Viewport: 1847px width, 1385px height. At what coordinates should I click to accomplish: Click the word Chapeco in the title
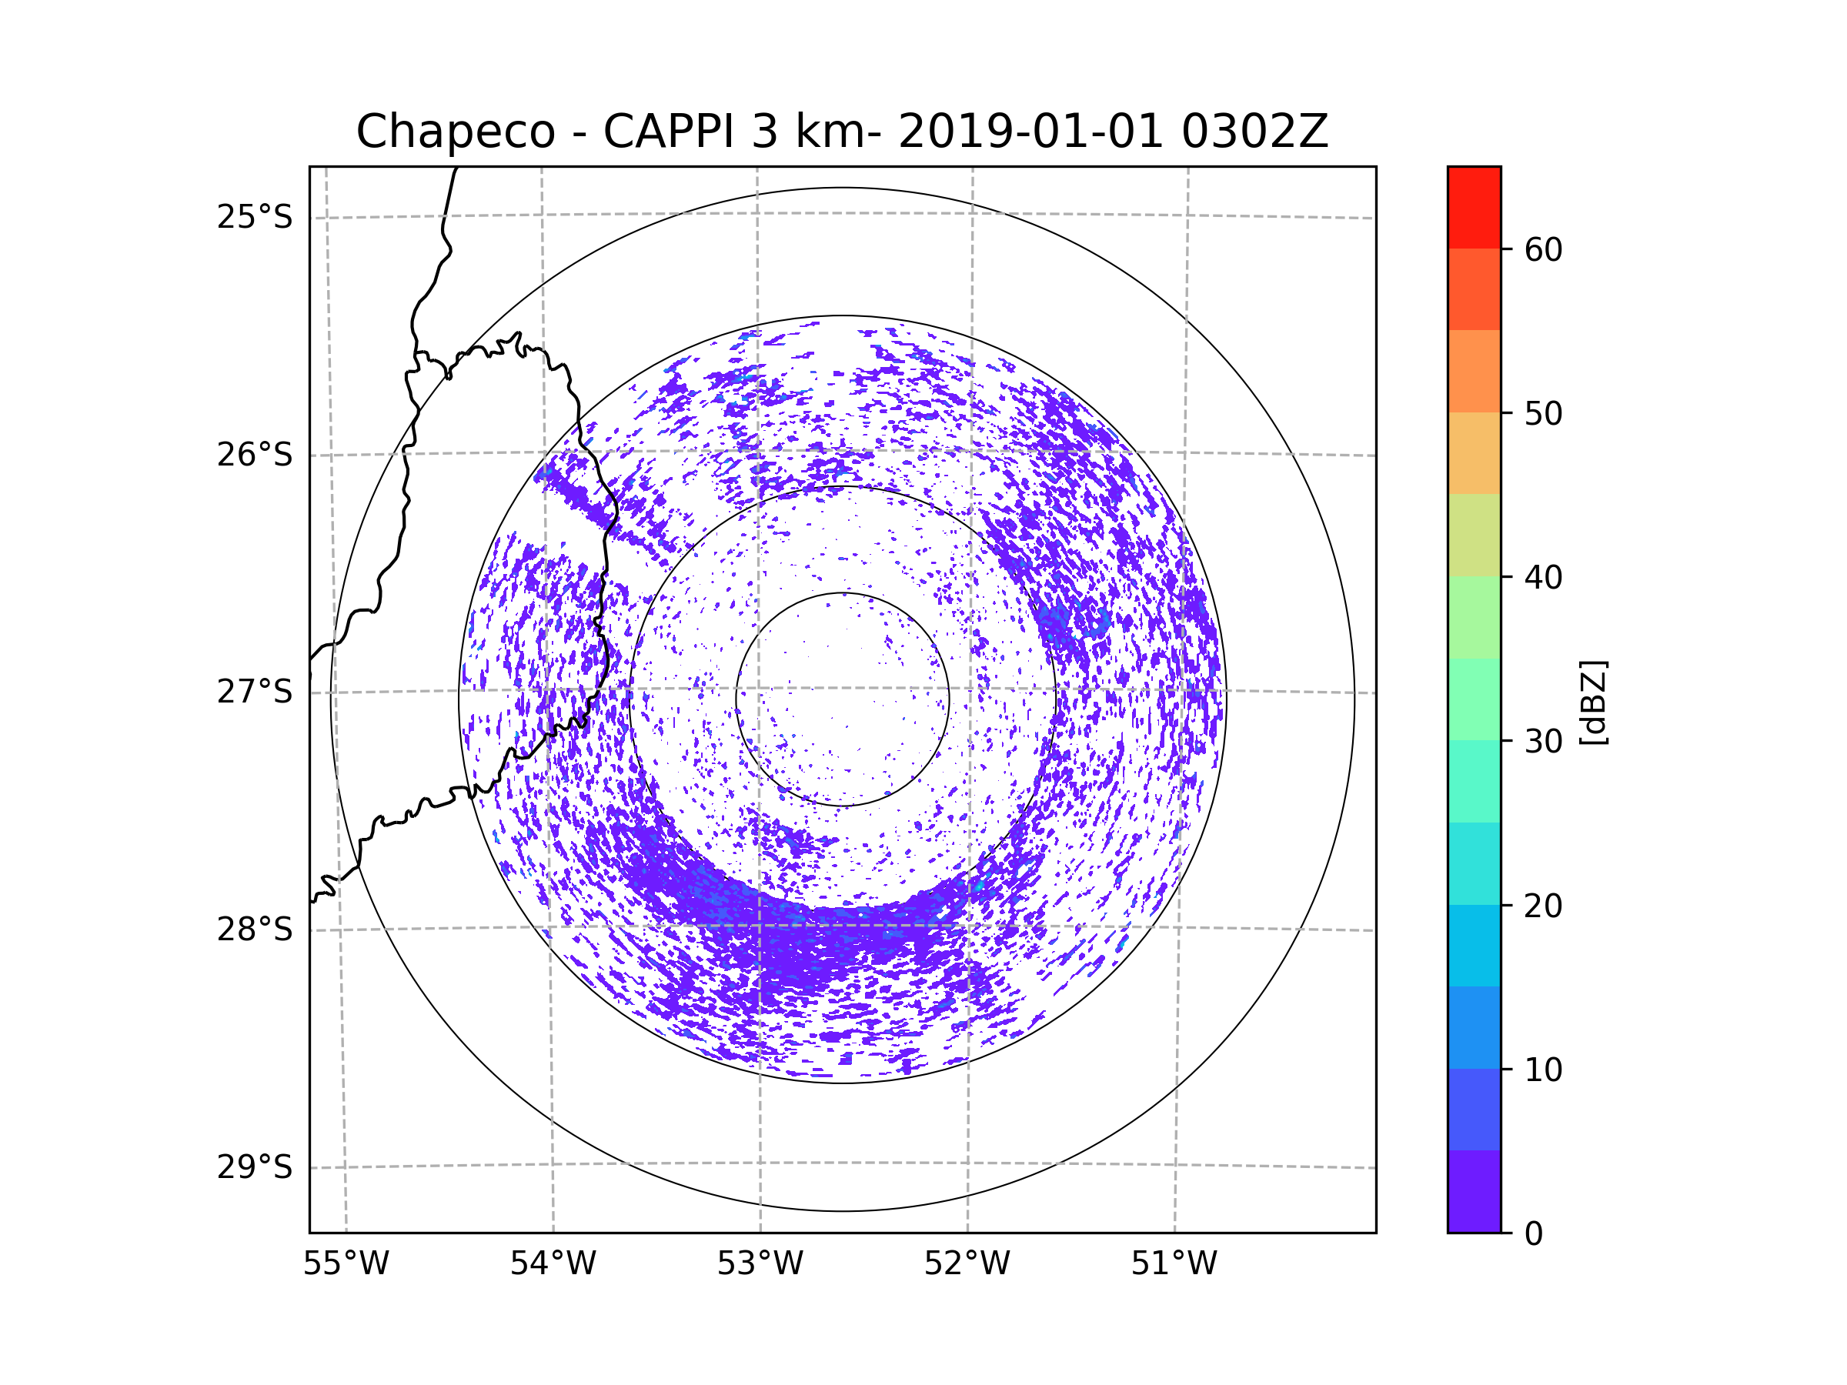point(455,132)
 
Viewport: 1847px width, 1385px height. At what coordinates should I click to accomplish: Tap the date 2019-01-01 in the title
point(1030,132)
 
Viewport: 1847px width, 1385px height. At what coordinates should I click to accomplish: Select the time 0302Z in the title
point(1254,132)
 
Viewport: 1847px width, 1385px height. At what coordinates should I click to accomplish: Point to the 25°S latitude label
point(255,217)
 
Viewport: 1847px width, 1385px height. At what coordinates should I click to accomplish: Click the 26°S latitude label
point(255,455)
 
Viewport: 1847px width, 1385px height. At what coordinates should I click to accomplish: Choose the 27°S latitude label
point(255,692)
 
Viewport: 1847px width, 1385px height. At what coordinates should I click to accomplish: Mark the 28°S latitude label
point(255,929)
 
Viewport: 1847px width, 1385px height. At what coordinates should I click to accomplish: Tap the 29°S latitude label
point(255,1167)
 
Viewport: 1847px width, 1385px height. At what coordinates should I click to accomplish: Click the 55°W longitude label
point(346,1264)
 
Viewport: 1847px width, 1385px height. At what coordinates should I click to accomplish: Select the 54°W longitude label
point(553,1264)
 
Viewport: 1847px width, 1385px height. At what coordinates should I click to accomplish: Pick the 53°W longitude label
point(760,1264)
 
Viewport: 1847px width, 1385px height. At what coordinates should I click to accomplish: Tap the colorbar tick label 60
point(1543,249)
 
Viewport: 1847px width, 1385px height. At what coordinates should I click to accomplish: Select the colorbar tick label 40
point(1543,578)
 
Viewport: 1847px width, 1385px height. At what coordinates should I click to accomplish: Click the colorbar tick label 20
point(1543,906)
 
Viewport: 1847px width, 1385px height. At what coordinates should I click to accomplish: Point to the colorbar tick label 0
point(1534,1234)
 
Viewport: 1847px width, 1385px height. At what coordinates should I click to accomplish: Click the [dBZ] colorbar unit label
point(1593,702)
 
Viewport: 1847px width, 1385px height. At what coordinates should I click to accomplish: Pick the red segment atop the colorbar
point(1474,207)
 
